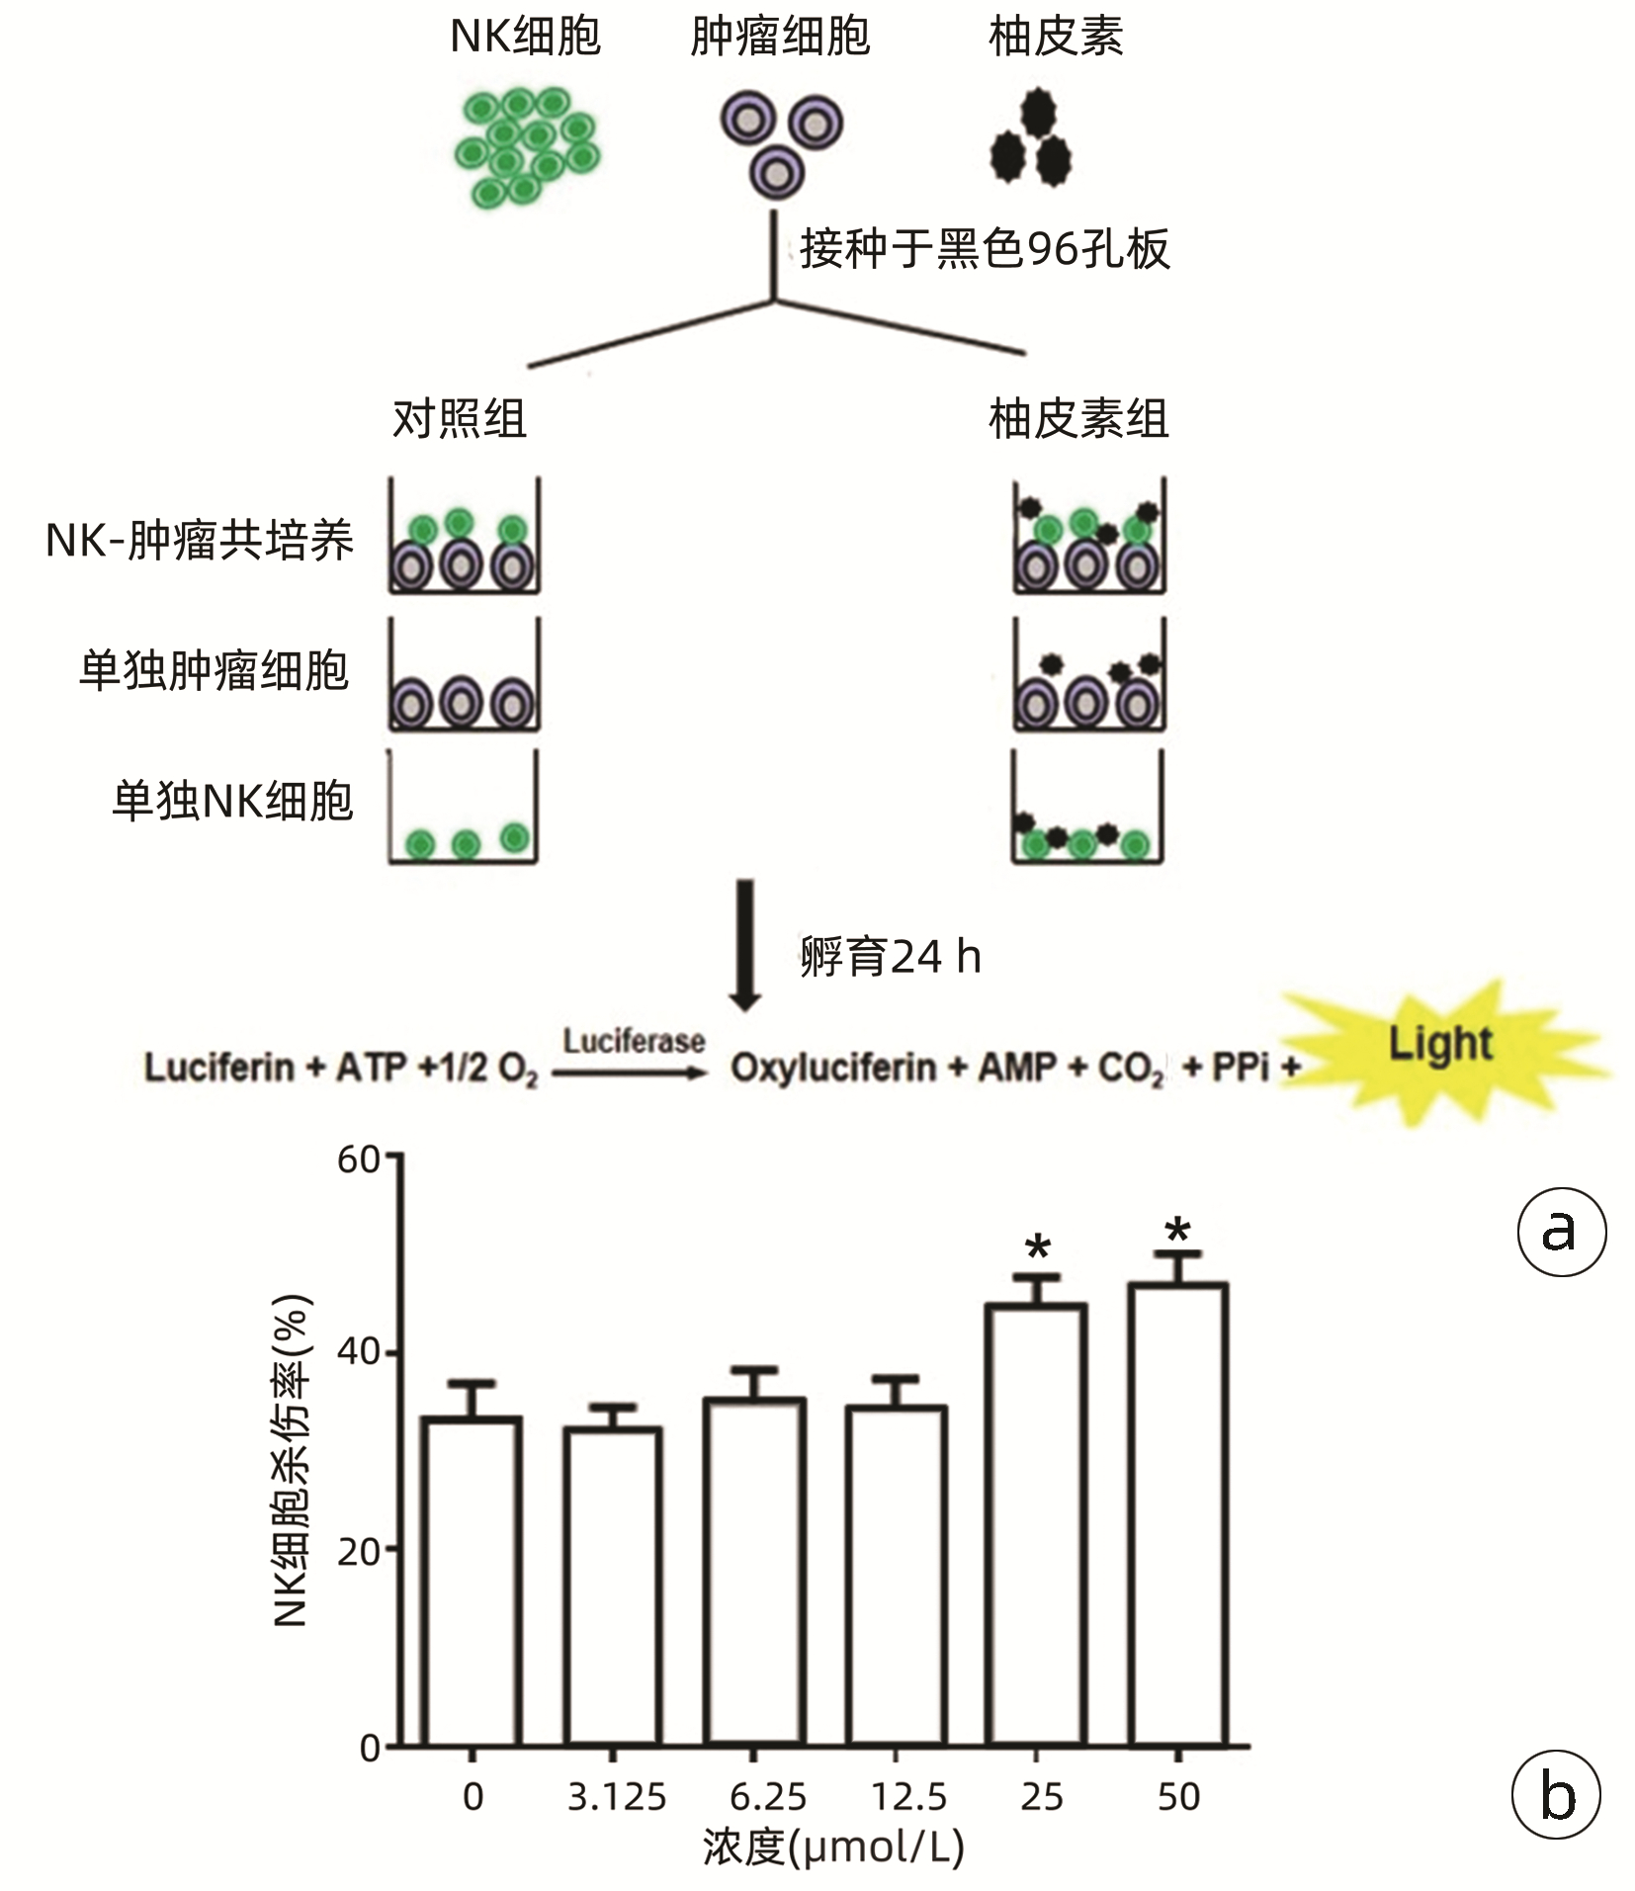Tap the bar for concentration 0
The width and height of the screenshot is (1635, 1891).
(471, 1582)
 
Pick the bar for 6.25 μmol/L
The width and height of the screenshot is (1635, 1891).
(754, 1572)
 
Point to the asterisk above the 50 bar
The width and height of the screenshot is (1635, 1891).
(1177, 1232)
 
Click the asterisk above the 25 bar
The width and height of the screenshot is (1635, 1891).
(1037, 1248)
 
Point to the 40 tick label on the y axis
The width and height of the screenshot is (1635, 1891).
(358, 1351)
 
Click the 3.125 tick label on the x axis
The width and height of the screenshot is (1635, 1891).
(617, 1796)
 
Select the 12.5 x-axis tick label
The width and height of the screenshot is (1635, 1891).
(908, 1796)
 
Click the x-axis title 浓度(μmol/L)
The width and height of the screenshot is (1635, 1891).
(832, 1847)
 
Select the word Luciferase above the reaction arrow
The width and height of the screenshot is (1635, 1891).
(634, 1041)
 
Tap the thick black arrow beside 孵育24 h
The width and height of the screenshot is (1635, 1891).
(745, 944)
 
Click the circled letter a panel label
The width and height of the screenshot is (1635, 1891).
(1561, 1232)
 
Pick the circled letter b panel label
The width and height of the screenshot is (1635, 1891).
(1556, 1794)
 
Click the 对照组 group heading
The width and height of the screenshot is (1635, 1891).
(460, 419)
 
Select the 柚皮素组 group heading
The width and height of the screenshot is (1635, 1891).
(1078, 419)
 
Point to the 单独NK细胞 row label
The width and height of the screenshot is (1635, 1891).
(232, 801)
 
